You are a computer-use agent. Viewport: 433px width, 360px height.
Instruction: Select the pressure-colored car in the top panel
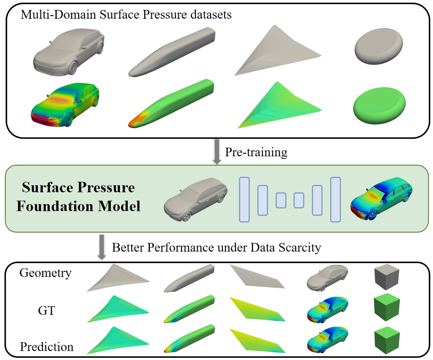tap(65, 103)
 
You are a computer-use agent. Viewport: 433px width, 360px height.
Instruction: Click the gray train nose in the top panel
tap(172, 52)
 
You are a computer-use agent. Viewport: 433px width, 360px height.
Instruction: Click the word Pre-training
tap(256, 152)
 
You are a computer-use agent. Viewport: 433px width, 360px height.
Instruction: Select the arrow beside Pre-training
tap(216, 153)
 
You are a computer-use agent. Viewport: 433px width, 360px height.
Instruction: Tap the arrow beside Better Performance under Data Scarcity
tap(102, 248)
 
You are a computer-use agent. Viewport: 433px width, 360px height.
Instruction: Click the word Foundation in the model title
tap(54, 205)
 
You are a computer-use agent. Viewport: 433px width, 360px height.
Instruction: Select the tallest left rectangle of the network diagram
tap(244, 200)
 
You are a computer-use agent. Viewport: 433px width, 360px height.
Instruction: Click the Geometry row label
tap(45, 273)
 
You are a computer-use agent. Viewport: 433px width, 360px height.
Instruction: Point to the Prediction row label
tap(47, 347)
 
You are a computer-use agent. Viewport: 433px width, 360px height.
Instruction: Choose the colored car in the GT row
tap(326, 310)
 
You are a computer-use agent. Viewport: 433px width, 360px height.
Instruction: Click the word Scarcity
tap(300, 248)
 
